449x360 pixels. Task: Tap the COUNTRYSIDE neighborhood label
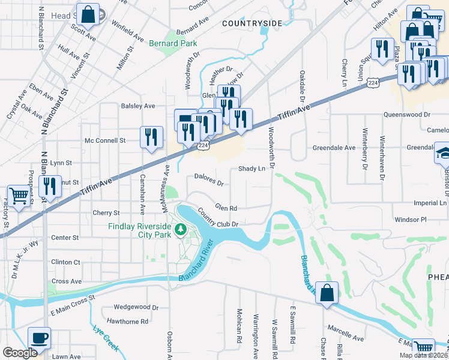pyautogui.click(x=252, y=23)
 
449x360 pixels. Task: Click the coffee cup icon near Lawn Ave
pyautogui.click(x=40, y=338)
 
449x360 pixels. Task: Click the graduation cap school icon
pyautogui.click(x=443, y=154)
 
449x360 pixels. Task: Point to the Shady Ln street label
pyautogui.click(x=252, y=169)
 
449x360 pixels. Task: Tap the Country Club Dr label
pyautogui.click(x=218, y=218)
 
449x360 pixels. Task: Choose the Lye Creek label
pyautogui.click(x=106, y=338)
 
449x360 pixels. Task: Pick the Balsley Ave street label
pyautogui.click(x=139, y=106)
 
